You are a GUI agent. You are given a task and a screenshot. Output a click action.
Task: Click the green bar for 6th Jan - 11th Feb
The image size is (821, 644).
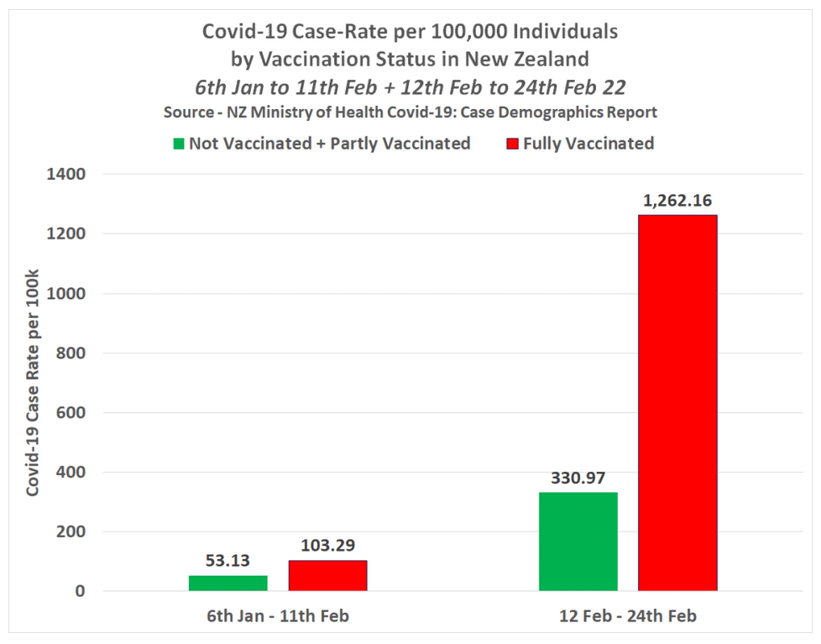228,583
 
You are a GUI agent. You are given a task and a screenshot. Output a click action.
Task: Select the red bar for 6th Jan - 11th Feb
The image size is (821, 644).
327,575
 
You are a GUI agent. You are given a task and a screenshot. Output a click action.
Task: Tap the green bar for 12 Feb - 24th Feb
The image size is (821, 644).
578,542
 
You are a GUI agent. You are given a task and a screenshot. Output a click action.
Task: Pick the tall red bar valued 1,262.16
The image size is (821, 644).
677,403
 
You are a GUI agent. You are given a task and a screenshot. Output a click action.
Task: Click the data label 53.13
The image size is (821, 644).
228,561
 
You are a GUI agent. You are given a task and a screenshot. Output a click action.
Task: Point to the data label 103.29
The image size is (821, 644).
327,546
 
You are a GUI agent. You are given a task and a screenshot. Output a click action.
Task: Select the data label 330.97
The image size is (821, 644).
578,478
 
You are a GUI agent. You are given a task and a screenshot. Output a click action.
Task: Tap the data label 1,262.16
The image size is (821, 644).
677,201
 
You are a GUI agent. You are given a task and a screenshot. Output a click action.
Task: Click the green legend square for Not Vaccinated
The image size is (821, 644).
178,144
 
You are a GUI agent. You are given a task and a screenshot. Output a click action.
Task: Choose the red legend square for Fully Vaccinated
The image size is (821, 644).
512,144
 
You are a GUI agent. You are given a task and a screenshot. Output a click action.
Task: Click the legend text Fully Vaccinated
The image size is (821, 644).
588,144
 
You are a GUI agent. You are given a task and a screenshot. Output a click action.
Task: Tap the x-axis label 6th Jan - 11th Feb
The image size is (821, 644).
278,616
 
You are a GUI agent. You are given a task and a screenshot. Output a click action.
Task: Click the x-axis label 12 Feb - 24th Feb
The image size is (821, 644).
628,616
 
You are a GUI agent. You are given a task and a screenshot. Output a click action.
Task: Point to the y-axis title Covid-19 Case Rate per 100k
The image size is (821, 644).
33,382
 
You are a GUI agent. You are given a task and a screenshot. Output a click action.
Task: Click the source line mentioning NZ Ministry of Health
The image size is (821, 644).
410,113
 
